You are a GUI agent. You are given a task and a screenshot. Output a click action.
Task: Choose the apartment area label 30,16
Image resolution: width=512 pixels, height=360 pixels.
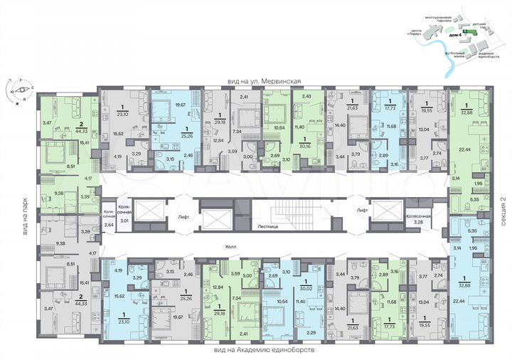tap(306, 147)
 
